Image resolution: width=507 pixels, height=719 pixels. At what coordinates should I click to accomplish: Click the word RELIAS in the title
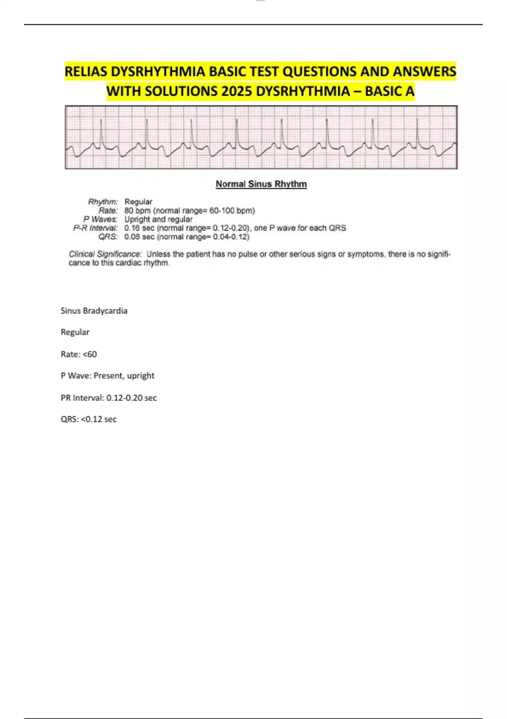coord(86,72)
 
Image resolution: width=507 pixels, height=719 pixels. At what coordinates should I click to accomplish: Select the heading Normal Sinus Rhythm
coord(261,184)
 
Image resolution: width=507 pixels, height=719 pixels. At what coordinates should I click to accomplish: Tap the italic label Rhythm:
coord(103,202)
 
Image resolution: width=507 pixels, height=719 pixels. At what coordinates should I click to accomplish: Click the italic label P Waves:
coord(100,219)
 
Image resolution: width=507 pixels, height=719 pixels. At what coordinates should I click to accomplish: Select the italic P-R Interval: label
coord(95,228)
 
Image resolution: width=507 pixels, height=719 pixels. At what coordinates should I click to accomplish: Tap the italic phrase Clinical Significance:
coord(105,254)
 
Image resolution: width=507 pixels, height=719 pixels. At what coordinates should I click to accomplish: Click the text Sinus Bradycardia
coord(94,311)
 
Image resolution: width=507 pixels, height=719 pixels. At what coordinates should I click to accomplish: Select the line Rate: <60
coord(79,354)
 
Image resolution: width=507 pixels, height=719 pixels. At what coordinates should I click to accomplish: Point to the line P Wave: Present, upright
coord(107,376)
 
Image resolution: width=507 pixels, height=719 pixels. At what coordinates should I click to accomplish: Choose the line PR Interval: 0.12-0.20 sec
coord(109,398)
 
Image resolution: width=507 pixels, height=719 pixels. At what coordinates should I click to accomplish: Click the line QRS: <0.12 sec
coord(88,420)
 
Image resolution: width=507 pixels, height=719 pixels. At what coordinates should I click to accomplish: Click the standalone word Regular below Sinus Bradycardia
coord(75,332)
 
